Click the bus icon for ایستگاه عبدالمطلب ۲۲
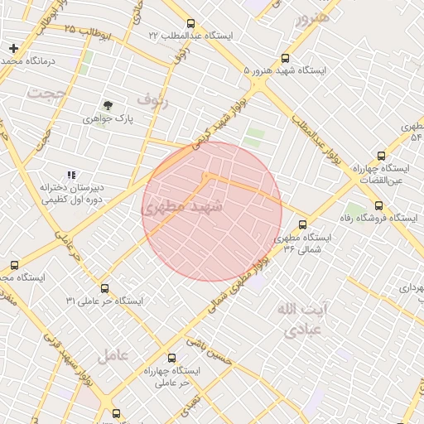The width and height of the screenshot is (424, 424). click(x=190, y=24)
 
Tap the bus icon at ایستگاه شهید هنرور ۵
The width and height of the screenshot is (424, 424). click(x=285, y=59)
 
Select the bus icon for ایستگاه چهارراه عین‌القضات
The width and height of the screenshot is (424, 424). click(x=381, y=155)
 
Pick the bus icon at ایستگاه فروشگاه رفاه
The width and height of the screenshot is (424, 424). click(x=378, y=206)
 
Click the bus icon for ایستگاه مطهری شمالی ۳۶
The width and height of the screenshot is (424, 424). click(x=302, y=224)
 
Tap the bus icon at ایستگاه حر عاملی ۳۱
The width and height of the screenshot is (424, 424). click(x=104, y=289)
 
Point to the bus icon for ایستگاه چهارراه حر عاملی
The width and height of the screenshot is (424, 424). click(x=171, y=359)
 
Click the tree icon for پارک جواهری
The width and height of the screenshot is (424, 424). click(x=108, y=105)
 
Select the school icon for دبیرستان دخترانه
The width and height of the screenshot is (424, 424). click(x=71, y=176)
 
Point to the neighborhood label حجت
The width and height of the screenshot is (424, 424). click(x=45, y=94)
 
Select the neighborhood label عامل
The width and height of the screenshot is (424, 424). click(x=113, y=356)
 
